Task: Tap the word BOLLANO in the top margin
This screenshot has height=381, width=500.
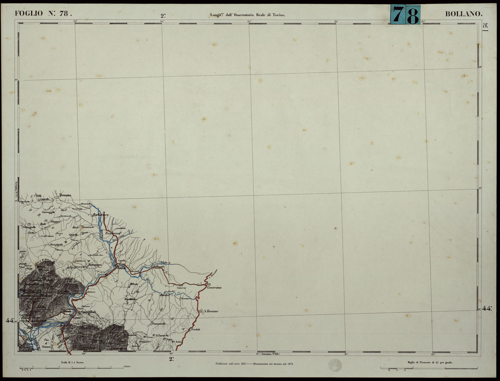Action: coord(464,14)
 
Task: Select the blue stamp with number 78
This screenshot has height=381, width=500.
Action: coord(405,15)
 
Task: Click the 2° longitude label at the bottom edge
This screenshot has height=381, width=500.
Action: coord(171,358)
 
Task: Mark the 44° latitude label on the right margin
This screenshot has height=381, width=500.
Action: coord(487,308)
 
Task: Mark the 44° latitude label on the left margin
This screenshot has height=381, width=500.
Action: coord(10,320)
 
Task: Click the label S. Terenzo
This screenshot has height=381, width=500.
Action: coord(211,311)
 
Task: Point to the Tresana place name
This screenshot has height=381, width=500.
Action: coord(66,195)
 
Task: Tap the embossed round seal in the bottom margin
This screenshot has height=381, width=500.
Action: coord(335,365)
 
